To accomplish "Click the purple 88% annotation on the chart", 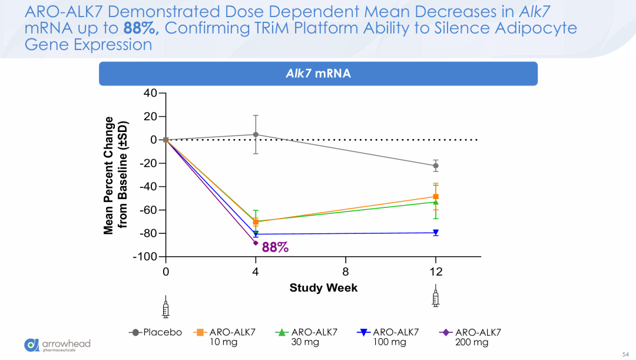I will [x=276, y=247].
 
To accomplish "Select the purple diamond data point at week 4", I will [x=256, y=243].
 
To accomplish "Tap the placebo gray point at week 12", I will [x=435, y=166].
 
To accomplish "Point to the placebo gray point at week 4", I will [x=256, y=134].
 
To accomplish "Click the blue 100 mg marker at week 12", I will [x=435, y=233].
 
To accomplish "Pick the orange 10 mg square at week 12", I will [x=435, y=197].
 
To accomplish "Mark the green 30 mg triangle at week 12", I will [x=435, y=202].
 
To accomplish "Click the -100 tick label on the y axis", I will [x=145, y=257].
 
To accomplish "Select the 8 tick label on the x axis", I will [x=346, y=272].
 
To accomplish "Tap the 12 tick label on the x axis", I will [x=435, y=272].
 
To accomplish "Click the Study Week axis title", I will [x=323, y=288].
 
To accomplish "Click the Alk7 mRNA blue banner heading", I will [x=318, y=74].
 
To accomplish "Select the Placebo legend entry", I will [x=156, y=332].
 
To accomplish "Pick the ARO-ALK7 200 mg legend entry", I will [x=466, y=337].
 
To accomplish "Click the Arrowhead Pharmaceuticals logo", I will [x=58, y=345].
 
